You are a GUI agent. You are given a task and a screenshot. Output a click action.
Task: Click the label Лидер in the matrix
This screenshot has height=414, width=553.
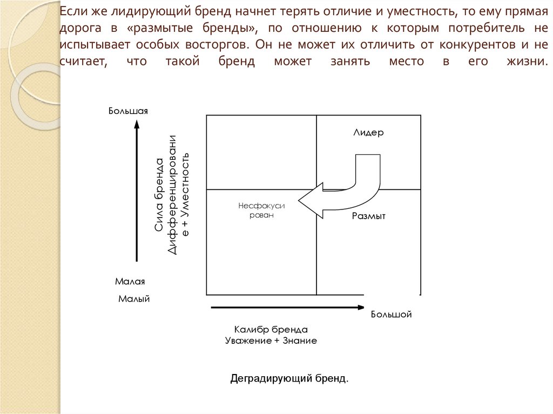pos(368,133)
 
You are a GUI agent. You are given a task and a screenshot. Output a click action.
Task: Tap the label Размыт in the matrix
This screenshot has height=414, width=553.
pos(368,216)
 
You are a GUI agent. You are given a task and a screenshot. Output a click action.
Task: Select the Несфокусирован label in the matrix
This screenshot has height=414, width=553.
pos(261,211)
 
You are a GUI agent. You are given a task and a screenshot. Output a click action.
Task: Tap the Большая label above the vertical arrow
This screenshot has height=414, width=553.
pos(128,111)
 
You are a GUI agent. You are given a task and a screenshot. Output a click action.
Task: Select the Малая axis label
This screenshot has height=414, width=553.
pos(130,281)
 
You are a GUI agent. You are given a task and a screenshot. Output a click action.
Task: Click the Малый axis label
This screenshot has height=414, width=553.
pos(133,298)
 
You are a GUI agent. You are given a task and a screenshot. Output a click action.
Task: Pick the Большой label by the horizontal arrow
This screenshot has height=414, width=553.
pos(391,314)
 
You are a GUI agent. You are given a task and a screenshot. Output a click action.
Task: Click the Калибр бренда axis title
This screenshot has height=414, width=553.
pos(271,329)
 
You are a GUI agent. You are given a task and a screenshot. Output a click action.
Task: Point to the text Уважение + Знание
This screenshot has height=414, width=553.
pos(271,341)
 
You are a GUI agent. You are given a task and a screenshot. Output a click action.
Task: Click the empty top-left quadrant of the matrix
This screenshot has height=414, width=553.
pos(261,152)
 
